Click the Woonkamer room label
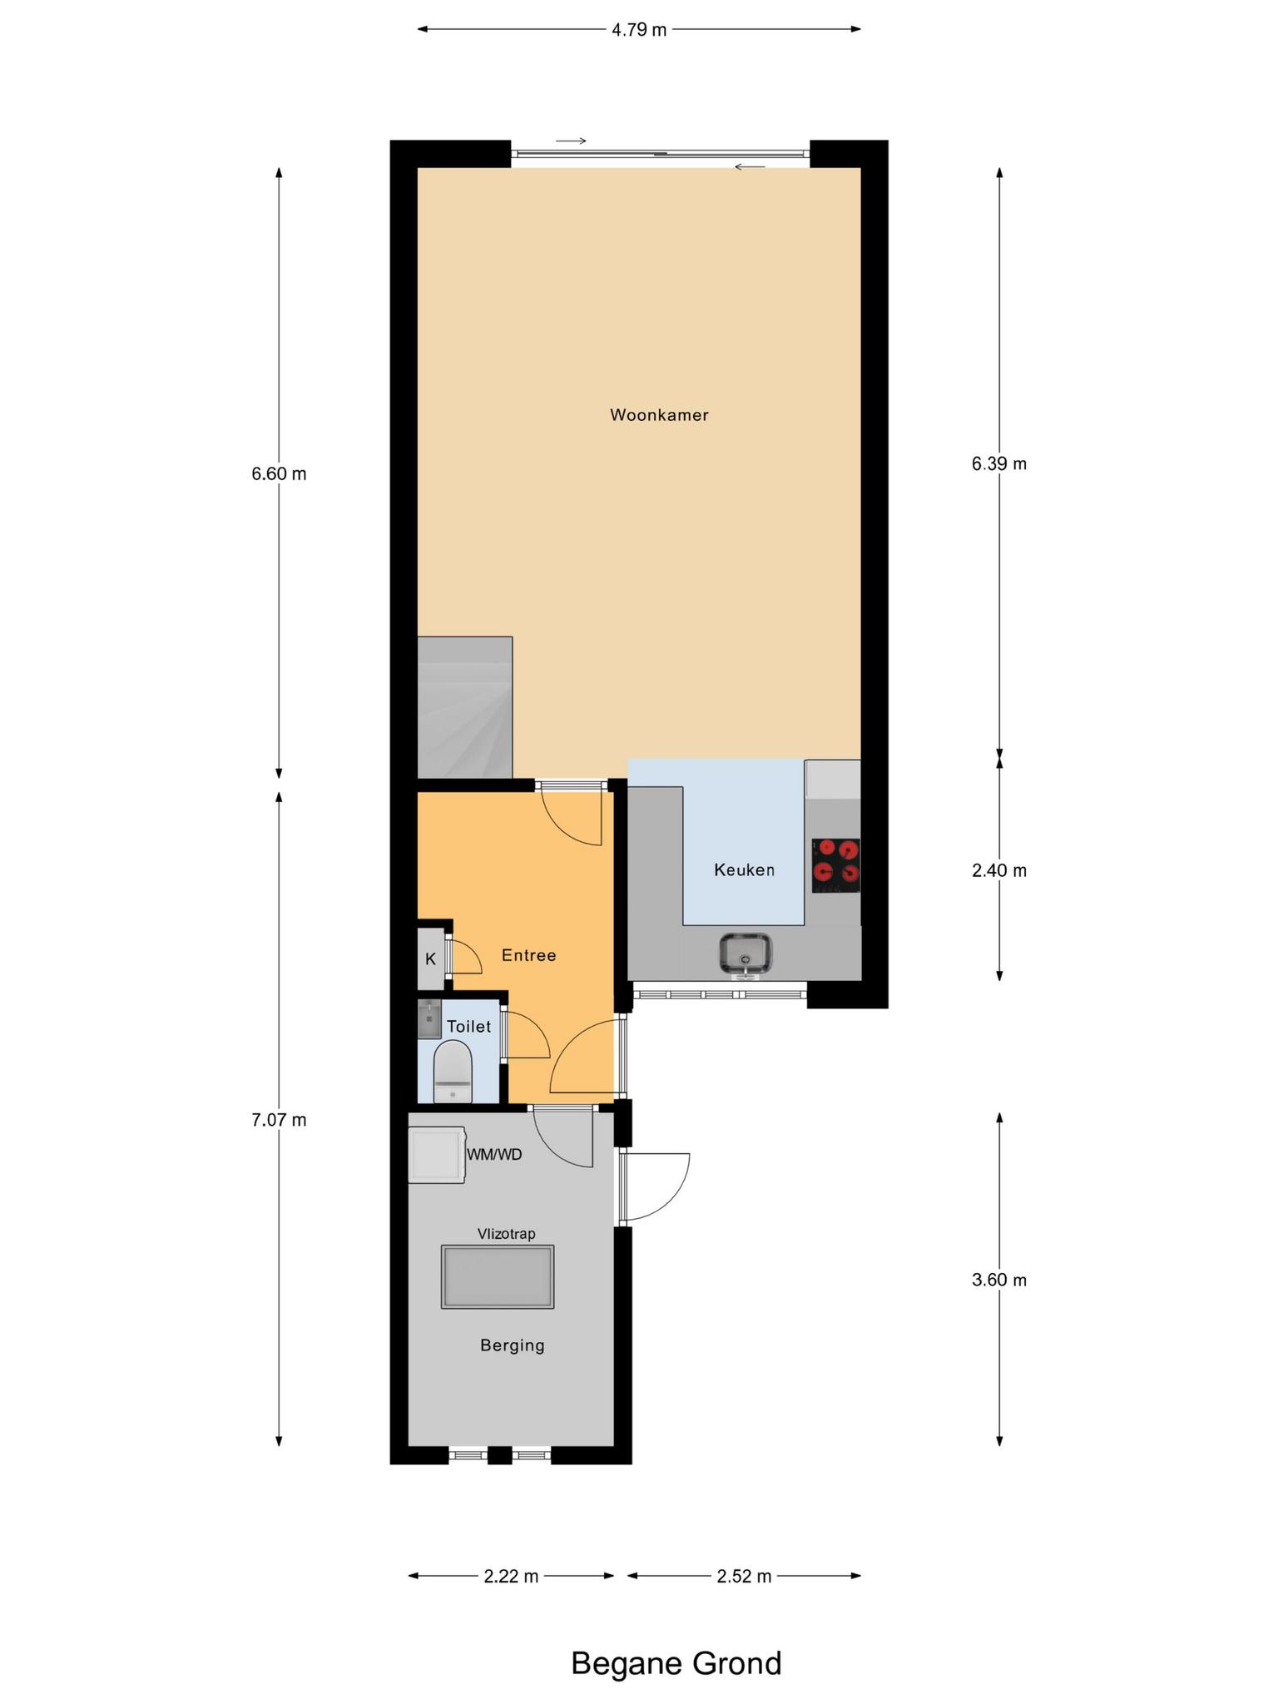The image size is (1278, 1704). click(659, 415)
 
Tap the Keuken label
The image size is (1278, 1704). click(744, 870)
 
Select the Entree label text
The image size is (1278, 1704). click(528, 955)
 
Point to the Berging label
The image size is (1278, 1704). click(513, 1345)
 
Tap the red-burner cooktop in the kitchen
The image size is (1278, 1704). click(836, 865)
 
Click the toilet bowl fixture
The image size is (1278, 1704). click(453, 1072)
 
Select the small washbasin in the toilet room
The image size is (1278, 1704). click(429, 1019)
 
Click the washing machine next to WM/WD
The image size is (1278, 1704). click(437, 1155)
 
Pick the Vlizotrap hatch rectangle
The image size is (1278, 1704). click(498, 1277)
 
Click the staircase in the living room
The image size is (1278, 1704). click(465, 707)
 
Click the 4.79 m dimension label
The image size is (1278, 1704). click(639, 30)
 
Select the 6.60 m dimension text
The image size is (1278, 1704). click(279, 474)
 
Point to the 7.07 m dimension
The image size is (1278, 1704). click(279, 1121)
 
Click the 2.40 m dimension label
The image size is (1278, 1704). click(999, 871)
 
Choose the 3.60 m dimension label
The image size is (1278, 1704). click(999, 1280)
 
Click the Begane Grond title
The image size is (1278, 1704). click(676, 1664)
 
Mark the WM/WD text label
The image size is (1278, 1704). click(495, 1155)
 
